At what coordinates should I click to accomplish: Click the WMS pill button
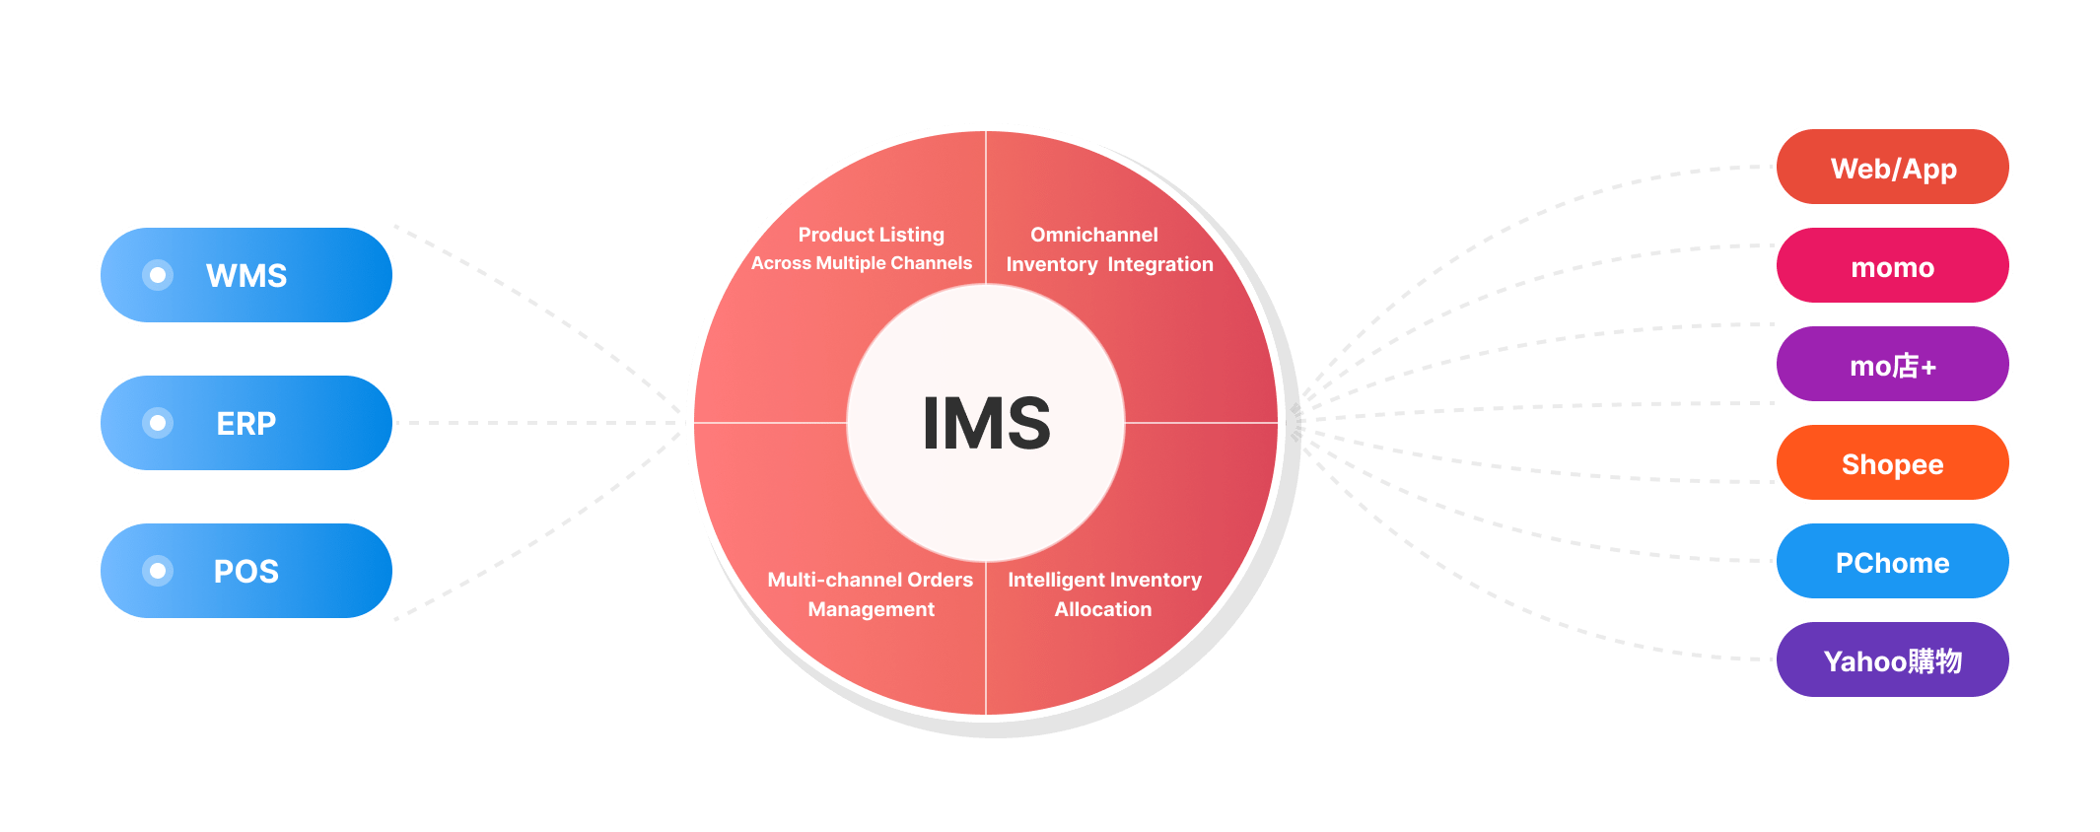[246, 275]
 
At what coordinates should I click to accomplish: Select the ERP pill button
[246, 423]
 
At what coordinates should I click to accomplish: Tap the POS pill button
[246, 571]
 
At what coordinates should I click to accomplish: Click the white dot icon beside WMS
[158, 275]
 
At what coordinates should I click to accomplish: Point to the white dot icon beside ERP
[158, 423]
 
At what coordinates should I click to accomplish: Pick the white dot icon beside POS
[158, 571]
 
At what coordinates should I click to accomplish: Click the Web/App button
[1892, 168]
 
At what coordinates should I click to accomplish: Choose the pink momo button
[1892, 266]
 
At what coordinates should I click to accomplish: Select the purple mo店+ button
[1892, 365]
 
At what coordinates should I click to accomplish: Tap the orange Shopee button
[1892, 463]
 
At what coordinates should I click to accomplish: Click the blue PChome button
[1892, 562]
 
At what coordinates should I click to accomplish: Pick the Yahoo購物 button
[1892, 660]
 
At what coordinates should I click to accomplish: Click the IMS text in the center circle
[986, 424]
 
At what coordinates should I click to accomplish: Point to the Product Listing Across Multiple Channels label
[863, 249]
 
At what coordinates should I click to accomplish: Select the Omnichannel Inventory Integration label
[1109, 249]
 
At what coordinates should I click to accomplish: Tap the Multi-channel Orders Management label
[871, 594]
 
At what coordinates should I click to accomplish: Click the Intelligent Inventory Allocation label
[1104, 594]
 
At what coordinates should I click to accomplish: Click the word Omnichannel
[1094, 235]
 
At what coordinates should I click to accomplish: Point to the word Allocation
[1103, 609]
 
